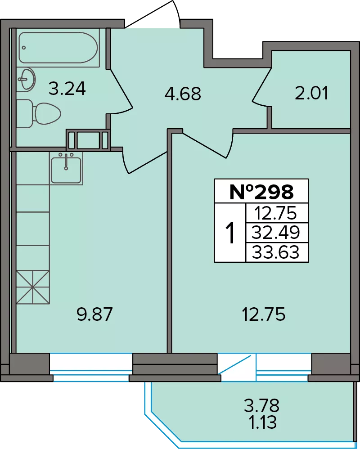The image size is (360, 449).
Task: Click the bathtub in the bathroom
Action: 58,47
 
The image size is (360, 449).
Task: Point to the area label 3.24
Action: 67,88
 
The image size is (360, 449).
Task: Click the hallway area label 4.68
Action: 183,94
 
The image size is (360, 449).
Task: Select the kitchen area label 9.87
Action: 94,314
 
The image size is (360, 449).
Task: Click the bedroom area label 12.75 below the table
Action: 264,314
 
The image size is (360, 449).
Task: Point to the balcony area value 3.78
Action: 261,405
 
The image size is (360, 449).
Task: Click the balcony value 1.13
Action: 263,422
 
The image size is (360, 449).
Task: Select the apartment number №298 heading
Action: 261,192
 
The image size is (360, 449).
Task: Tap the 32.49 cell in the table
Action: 275,233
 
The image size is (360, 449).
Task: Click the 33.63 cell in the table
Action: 275,252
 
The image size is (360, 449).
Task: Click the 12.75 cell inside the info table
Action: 275,213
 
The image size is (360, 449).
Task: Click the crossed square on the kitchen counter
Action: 33,287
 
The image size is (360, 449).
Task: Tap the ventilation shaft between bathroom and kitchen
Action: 88,140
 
